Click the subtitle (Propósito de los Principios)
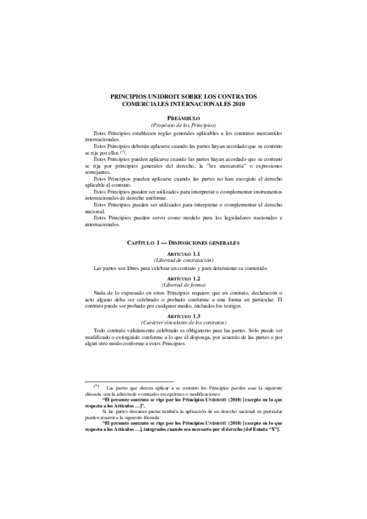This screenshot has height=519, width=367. pyautogui.click(x=183, y=124)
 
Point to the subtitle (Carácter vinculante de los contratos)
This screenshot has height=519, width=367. pyautogui.click(x=183, y=322)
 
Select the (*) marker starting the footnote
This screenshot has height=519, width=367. pyautogui.click(x=96, y=386)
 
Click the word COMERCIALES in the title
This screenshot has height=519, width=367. pyautogui.click(x=152, y=105)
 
